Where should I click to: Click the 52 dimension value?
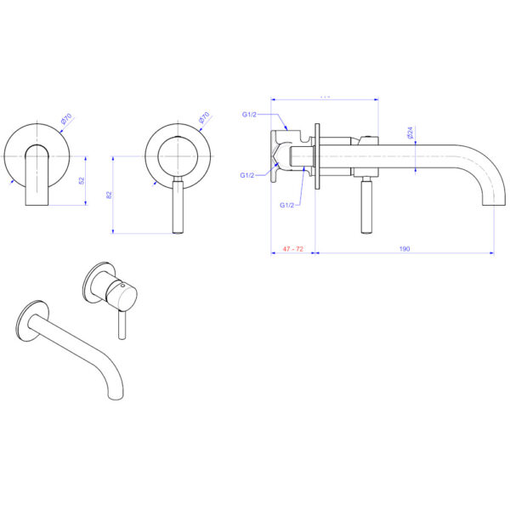pos(81,180)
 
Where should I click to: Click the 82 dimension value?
pos(109,195)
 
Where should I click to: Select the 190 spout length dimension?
pos(405,248)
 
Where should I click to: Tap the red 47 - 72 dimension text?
pos(292,248)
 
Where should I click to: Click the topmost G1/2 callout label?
pos(250,114)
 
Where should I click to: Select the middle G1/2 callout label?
pos(247,175)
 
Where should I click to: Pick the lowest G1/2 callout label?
pos(286,205)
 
